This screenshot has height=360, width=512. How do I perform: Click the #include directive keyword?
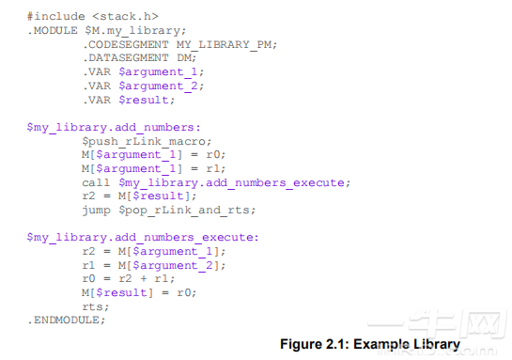click(x=56, y=16)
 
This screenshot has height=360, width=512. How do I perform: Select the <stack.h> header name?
click(x=125, y=16)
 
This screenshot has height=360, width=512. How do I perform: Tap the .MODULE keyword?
click(x=53, y=30)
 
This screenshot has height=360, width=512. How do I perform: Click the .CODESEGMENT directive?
click(x=126, y=44)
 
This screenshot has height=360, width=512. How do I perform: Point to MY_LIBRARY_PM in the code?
click(x=224, y=44)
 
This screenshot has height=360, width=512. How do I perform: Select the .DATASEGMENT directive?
click(x=126, y=58)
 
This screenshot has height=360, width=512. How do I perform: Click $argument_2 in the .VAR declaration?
click(x=159, y=86)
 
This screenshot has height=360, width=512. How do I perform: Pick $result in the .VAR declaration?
click(x=145, y=100)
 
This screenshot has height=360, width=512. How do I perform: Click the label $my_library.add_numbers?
click(x=114, y=127)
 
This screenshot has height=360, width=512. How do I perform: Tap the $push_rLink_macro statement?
click(x=145, y=141)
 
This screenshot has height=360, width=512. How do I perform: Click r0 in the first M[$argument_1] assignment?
click(x=213, y=154)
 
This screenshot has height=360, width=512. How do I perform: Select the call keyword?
click(x=96, y=182)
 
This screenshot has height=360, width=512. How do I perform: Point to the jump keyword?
click(x=97, y=210)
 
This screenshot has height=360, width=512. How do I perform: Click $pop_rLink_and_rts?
click(x=184, y=210)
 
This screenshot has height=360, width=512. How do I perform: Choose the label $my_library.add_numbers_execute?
click(x=143, y=237)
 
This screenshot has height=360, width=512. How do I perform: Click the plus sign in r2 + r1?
click(x=144, y=278)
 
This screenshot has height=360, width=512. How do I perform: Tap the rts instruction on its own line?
click(x=93, y=306)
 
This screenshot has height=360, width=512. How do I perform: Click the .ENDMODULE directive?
click(x=63, y=320)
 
